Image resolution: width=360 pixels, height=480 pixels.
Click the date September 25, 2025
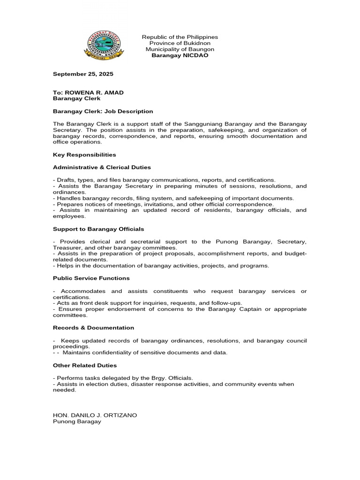click(x=83, y=74)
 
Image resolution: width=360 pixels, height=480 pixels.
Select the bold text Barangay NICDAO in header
click(x=180, y=55)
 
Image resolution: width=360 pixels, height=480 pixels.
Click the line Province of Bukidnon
click(x=180, y=43)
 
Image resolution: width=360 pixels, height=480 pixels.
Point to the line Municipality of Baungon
click(x=180, y=49)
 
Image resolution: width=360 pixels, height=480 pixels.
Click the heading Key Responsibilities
click(x=84, y=154)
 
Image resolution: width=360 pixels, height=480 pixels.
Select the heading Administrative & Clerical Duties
click(x=102, y=167)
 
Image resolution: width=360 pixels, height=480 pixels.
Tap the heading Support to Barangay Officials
click(x=98, y=229)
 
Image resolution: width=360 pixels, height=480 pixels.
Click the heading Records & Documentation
click(x=93, y=328)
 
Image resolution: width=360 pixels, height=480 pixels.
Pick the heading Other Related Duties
click(x=85, y=365)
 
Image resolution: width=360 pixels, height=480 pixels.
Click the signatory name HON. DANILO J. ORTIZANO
click(x=95, y=415)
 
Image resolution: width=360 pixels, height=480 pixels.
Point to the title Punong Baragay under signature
click(x=77, y=421)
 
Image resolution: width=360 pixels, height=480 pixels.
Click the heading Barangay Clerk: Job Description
click(x=103, y=111)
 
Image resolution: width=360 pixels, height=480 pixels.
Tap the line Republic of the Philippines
click(x=180, y=37)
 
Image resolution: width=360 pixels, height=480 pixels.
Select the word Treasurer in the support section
click(x=67, y=247)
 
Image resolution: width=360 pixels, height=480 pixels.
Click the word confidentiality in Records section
click(x=108, y=352)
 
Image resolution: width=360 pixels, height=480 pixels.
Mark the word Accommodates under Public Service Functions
click(x=83, y=291)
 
